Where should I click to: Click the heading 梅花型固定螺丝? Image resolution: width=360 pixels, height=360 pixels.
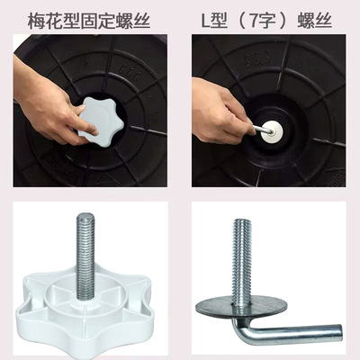[x=89, y=21]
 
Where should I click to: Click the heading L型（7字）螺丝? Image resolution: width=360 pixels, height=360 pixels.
[x=266, y=21]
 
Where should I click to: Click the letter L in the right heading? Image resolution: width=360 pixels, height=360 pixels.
[x=205, y=22]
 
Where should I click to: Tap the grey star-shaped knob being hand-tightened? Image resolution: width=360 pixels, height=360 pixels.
[x=101, y=121]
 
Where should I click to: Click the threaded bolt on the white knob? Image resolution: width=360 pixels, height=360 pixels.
[x=85, y=256]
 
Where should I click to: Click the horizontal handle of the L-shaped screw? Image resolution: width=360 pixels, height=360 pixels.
[x=295, y=332]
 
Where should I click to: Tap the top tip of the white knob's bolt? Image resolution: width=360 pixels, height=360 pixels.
[x=85, y=214]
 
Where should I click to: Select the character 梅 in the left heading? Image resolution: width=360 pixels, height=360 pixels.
[x=36, y=21]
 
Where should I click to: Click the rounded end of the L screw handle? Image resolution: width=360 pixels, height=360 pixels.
[x=339, y=332]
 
